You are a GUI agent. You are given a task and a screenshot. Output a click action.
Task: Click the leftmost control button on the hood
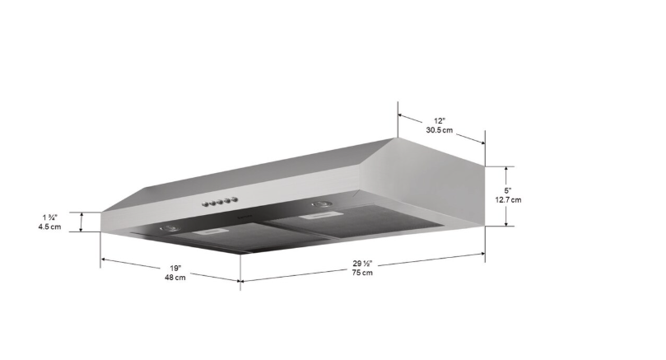click(206, 205)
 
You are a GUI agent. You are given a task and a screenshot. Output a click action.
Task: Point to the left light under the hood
click(168, 228)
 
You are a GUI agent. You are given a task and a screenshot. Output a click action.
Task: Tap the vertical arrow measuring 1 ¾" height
click(82, 222)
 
